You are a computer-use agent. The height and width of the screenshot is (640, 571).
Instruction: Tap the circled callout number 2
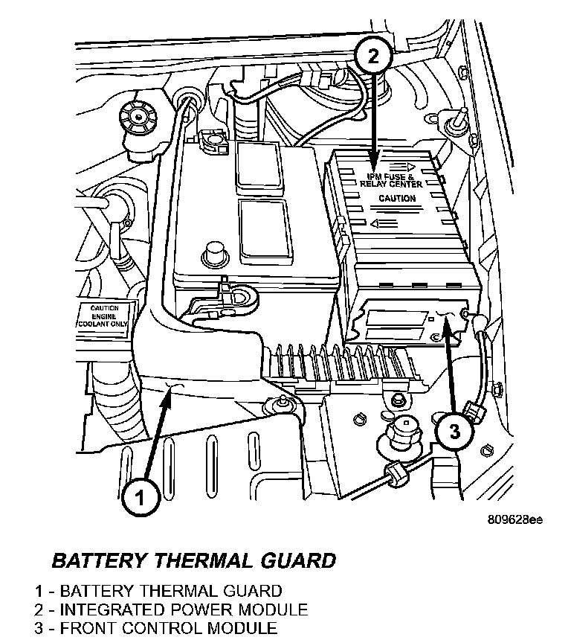[x=372, y=55]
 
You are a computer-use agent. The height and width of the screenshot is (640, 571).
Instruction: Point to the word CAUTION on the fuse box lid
[x=397, y=199]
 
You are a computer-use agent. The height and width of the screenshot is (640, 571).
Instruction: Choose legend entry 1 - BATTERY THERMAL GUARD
[x=158, y=592]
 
